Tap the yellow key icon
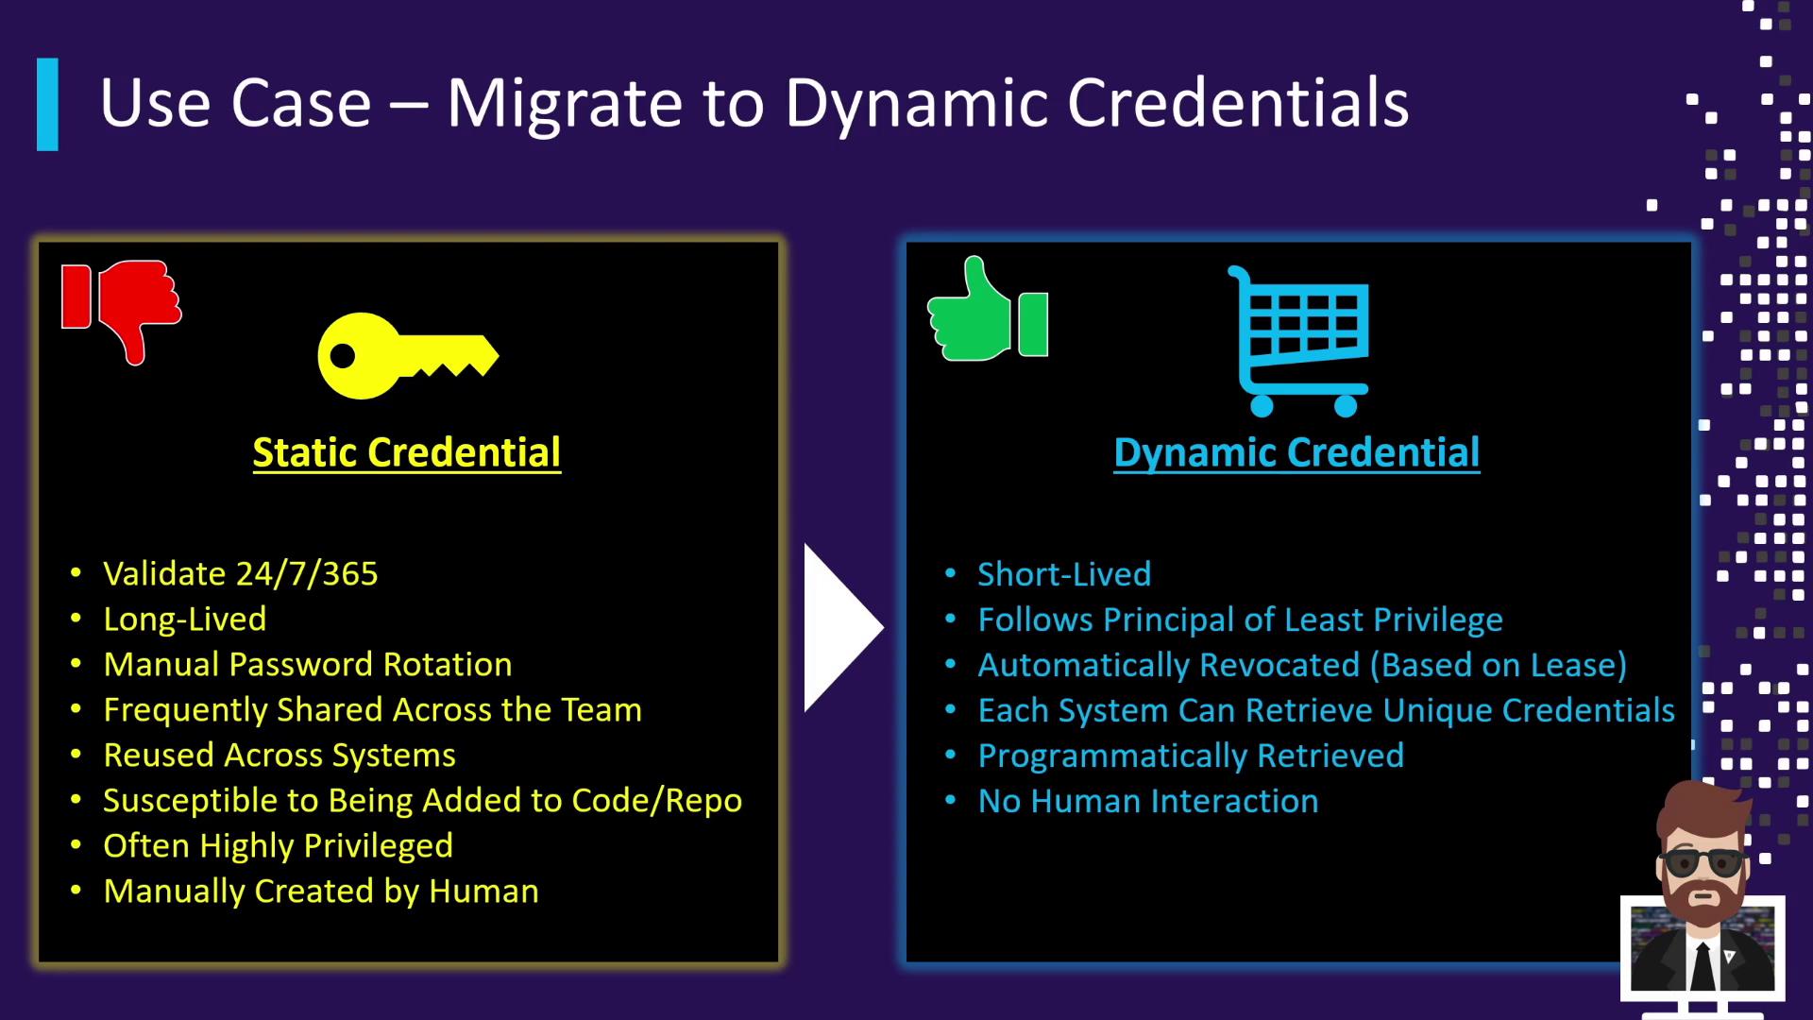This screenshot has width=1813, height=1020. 408,355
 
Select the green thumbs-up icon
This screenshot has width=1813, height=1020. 988,309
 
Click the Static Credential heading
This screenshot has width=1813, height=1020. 407,452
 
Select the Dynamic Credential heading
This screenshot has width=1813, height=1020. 1296,452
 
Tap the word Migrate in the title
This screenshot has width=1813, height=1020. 565,103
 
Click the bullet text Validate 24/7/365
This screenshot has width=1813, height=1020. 241,573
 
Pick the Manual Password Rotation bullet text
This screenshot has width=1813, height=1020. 308,664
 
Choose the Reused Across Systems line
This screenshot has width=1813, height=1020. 280,755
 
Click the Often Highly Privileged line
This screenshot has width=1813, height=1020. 279,845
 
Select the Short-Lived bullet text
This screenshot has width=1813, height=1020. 1064,574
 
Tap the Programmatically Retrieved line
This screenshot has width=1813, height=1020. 1191,756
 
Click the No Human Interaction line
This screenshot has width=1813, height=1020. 1148,801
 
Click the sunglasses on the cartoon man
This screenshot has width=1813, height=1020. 1703,861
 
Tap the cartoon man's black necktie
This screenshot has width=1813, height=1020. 1703,964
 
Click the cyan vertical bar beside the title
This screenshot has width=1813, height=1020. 47,104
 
